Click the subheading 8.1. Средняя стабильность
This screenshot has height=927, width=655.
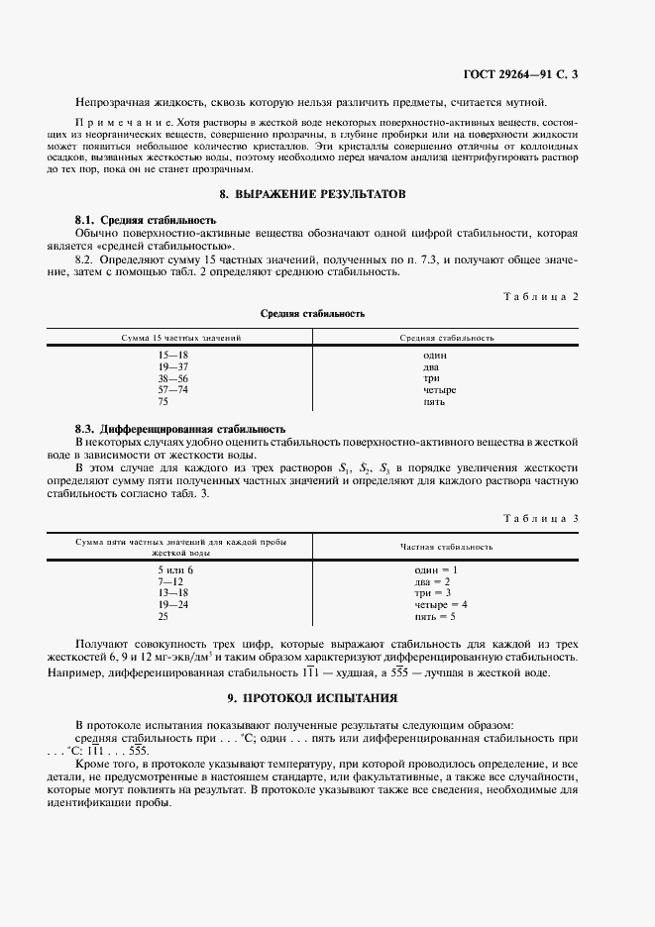(146, 219)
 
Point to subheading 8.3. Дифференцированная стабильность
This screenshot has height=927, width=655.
(180, 429)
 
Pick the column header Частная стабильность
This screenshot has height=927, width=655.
(447, 547)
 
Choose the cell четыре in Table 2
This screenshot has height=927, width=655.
(439, 390)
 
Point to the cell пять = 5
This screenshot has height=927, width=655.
(436, 617)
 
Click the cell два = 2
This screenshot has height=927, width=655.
(433, 581)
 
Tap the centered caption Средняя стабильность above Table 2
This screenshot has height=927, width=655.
(312, 314)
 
